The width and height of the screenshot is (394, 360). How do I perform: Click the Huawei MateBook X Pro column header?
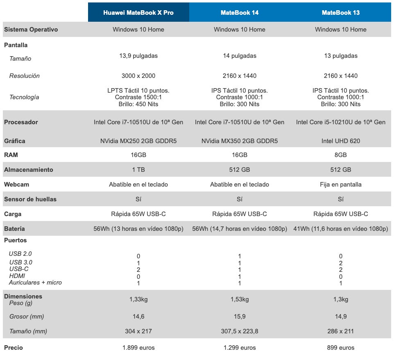pyautogui.click(x=138, y=13)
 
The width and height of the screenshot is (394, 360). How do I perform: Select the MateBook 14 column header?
pyautogui.click(x=240, y=13)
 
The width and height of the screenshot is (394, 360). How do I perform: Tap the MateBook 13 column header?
pyautogui.click(x=341, y=13)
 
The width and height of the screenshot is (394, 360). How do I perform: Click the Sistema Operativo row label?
pyautogui.click(x=31, y=30)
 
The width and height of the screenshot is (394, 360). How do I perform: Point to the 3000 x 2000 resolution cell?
pyautogui.click(x=138, y=76)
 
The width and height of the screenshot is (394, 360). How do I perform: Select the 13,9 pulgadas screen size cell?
pyautogui.click(x=138, y=56)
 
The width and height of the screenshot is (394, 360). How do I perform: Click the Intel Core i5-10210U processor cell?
pyautogui.click(x=341, y=122)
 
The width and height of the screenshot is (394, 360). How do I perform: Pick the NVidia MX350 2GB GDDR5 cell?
pyautogui.click(x=240, y=141)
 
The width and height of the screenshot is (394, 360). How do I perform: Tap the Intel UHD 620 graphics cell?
pyautogui.click(x=341, y=141)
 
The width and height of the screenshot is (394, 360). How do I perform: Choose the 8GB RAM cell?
pyautogui.click(x=341, y=155)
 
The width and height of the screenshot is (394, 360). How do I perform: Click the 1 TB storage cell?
pyautogui.click(x=138, y=170)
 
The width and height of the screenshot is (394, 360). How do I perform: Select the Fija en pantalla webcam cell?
pyautogui.click(x=341, y=185)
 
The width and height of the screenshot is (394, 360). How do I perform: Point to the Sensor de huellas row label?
pyautogui.click(x=30, y=199)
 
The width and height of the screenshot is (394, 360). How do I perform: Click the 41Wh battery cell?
pyautogui.click(x=341, y=229)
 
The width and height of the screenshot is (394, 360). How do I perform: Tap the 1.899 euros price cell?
pyautogui.click(x=138, y=348)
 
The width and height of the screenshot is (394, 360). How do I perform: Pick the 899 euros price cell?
pyautogui.click(x=341, y=348)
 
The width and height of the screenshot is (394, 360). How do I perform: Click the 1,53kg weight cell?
pyautogui.click(x=240, y=300)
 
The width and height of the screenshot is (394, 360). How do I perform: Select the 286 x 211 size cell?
pyautogui.click(x=341, y=331)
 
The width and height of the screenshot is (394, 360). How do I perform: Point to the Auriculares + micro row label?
pyautogui.click(x=35, y=283)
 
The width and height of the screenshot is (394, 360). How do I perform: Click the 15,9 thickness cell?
pyautogui.click(x=240, y=317)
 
